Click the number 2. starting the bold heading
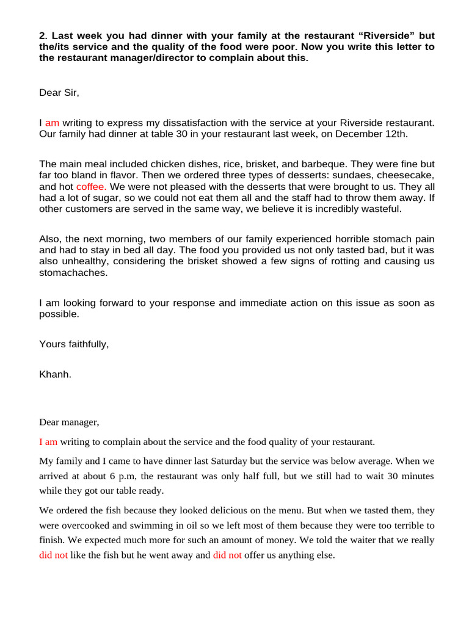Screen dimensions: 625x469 tap(43, 35)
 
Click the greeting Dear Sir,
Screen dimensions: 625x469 tap(59, 93)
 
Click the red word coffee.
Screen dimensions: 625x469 tap(92, 186)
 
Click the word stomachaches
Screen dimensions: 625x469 tap(73, 273)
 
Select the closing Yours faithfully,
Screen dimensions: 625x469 tap(74, 344)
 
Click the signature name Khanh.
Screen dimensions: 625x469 tap(55, 374)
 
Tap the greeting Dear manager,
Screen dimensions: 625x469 tap(69, 422)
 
